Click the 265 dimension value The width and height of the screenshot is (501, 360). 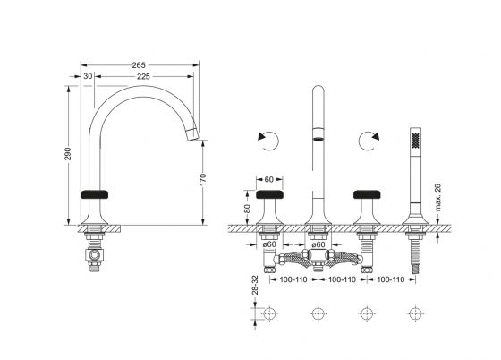point(139,65)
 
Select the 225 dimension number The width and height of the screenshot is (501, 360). point(143,77)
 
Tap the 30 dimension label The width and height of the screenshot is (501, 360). point(88,76)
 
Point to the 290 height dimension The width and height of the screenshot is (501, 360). point(68,154)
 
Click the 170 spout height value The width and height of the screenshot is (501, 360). point(203,180)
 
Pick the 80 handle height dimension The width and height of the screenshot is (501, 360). point(247,209)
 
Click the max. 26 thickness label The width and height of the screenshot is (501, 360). point(437,198)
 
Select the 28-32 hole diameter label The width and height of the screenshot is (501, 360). point(255,285)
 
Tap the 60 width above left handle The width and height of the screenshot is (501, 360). point(269,180)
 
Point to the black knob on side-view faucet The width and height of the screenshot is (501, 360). point(94,194)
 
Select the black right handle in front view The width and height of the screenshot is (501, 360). point(367,194)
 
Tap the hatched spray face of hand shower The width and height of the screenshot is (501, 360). point(415,141)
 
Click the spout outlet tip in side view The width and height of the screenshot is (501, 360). point(193,134)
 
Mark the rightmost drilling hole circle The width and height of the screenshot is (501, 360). point(415,313)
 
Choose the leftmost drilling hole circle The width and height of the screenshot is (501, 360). point(269,313)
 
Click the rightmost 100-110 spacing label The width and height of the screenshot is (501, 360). point(391,279)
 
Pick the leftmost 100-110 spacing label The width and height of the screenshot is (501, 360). point(293,279)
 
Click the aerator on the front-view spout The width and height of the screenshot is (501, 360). point(318,139)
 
